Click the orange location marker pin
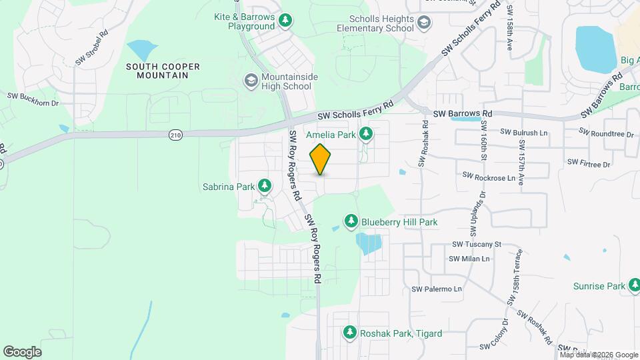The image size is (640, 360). click(321, 159)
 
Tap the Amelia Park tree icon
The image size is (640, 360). click(365, 135)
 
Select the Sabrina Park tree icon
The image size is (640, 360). click(265, 185)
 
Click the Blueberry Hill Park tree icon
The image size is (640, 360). click(351, 221)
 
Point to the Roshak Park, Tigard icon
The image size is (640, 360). click(349, 332)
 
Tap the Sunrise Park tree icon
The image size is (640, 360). click(634, 287)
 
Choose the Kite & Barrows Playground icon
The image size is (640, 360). click(285, 21)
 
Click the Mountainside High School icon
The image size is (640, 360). click(251, 81)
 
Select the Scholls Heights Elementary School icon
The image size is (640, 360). click(424, 25)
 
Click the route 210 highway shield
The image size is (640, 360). click(175, 135)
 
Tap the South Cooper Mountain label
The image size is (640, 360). click(157, 71)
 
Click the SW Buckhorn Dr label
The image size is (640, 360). click(33, 99)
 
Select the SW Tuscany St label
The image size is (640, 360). click(476, 245)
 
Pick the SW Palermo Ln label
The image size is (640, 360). click(437, 289)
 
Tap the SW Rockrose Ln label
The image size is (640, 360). click(489, 177)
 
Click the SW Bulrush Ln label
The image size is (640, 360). click(523, 133)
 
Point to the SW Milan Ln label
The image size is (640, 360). click(469, 259)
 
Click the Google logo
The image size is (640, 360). click(22, 352)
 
